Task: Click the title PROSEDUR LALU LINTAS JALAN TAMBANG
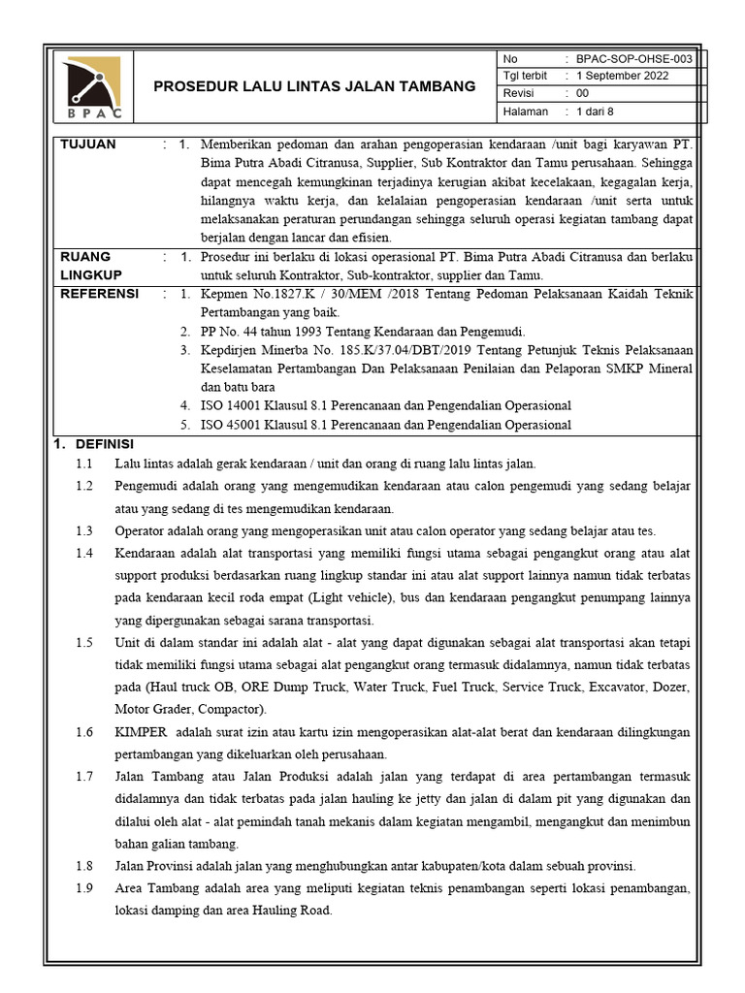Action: pyautogui.click(x=315, y=86)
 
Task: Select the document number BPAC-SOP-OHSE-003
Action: pyautogui.click(x=634, y=58)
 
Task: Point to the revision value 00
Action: pyautogui.click(x=583, y=94)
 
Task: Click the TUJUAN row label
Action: pyautogui.click(x=88, y=144)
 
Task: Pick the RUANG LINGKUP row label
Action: pyautogui.click(x=88, y=266)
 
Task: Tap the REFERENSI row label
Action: pyautogui.click(x=100, y=294)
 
